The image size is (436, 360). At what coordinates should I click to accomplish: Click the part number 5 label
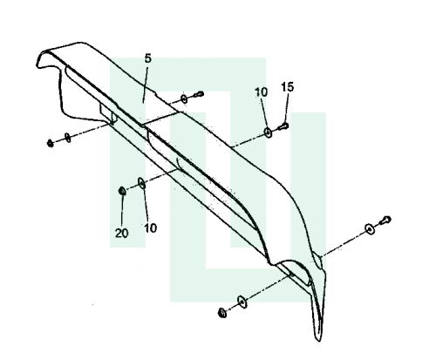(x=148, y=58)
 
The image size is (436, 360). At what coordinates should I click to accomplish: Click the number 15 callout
(x=288, y=87)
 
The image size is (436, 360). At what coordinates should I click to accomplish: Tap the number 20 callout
(x=121, y=233)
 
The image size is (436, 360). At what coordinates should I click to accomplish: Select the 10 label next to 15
(x=261, y=92)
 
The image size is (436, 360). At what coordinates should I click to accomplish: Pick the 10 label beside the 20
(x=151, y=228)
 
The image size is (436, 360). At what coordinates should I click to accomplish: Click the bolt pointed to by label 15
(x=283, y=126)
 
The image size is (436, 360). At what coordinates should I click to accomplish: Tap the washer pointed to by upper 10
(x=268, y=132)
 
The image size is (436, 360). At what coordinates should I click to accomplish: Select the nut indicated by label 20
(x=122, y=191)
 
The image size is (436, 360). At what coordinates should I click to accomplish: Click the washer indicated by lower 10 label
(x=141, y=183)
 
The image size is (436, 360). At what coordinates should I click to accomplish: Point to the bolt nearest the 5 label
(x=199, y=94)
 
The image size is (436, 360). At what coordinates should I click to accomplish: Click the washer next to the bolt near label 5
(x=184, y=98)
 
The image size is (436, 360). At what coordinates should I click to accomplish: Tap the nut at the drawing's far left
(x=51, y=143)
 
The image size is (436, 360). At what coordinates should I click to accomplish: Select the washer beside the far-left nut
(x=67, y=138)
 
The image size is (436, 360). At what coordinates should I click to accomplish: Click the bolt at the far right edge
(x=385, y=221)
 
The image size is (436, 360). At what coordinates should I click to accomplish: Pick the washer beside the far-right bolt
(x=370, y=229)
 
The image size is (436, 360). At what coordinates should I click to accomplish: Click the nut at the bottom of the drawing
(x=222, y=313)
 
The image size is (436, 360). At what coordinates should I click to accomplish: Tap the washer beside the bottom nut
(x=242, y=302)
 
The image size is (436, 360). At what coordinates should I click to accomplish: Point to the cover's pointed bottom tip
(x=318, y=341)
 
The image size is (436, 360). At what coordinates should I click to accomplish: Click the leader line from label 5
(x=146, y=85)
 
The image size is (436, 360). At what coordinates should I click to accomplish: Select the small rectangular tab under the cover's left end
(x=108, y=113)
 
